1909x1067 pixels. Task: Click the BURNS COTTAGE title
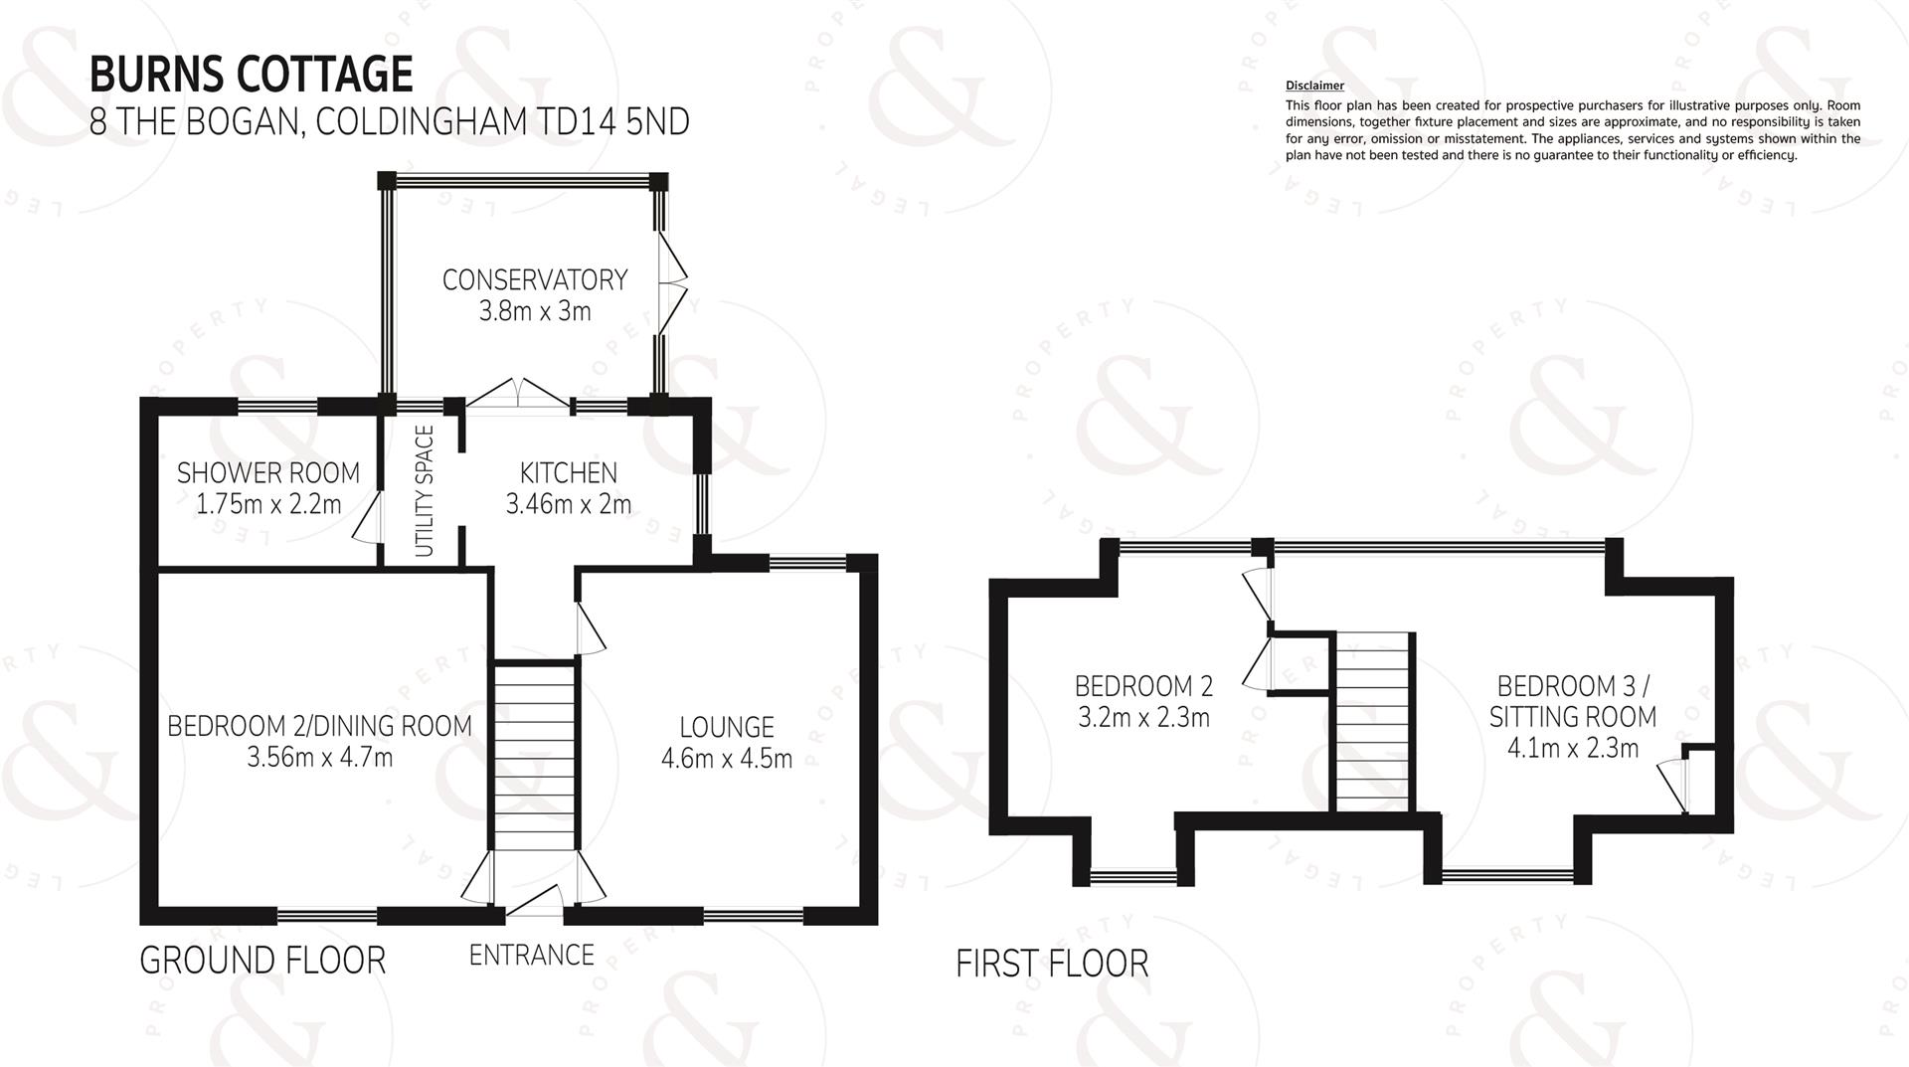click(252, 74)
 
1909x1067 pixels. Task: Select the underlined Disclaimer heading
click(1314, 87)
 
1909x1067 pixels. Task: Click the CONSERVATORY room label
click(535, 279)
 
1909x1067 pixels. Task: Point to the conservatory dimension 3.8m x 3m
click(535, 311)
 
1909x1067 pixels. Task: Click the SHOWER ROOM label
click(268, 472)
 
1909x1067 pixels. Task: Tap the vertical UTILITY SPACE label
click(425, 491)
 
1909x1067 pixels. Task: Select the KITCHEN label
click(569, 472)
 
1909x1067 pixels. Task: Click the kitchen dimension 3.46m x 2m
click(569, 504)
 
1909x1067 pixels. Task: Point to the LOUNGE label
click(727, 727)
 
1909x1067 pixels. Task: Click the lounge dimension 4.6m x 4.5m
click(727, 759)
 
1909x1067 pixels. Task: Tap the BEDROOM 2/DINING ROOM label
click(319, 726)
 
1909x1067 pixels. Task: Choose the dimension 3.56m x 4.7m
click(320, 758)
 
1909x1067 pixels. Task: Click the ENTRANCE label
click(532, 955)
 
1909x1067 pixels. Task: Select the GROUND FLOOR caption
click(262, 961)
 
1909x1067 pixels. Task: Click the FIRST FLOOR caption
click(1052, 964)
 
